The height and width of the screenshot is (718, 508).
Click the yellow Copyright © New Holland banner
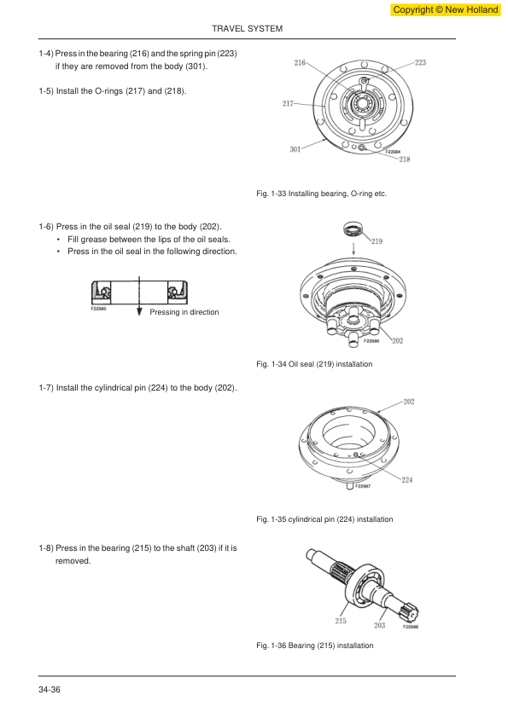tap(445, 9)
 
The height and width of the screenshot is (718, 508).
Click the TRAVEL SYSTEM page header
tap(247, 28)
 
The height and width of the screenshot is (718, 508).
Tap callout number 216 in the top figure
tap(300, 62)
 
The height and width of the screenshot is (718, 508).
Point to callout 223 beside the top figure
tap(420, 62)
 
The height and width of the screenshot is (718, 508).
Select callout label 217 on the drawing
tap(288, 103)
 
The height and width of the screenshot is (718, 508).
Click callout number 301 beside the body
tap(295, 149)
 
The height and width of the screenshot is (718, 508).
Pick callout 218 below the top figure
tap(405, 159)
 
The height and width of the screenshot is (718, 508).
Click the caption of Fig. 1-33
tap(321, 194)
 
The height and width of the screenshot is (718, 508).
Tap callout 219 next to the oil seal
tap(377, 241)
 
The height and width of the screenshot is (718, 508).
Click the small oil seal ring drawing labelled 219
tap(353, 229)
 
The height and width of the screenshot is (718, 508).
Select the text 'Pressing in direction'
tap(184, 312)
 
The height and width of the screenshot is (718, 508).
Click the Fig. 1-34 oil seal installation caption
tap(314, 364)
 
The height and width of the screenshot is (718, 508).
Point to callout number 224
tap(406, 480)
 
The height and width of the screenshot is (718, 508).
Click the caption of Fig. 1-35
tap(324, 519)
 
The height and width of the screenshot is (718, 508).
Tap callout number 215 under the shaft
tap(340, 621)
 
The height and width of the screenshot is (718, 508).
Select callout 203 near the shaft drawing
tap(379, 626)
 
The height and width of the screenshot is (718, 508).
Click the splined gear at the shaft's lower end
tap(410, 611)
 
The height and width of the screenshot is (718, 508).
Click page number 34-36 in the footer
tap(50, 690)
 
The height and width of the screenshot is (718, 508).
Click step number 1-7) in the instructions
tap(46, 388)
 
